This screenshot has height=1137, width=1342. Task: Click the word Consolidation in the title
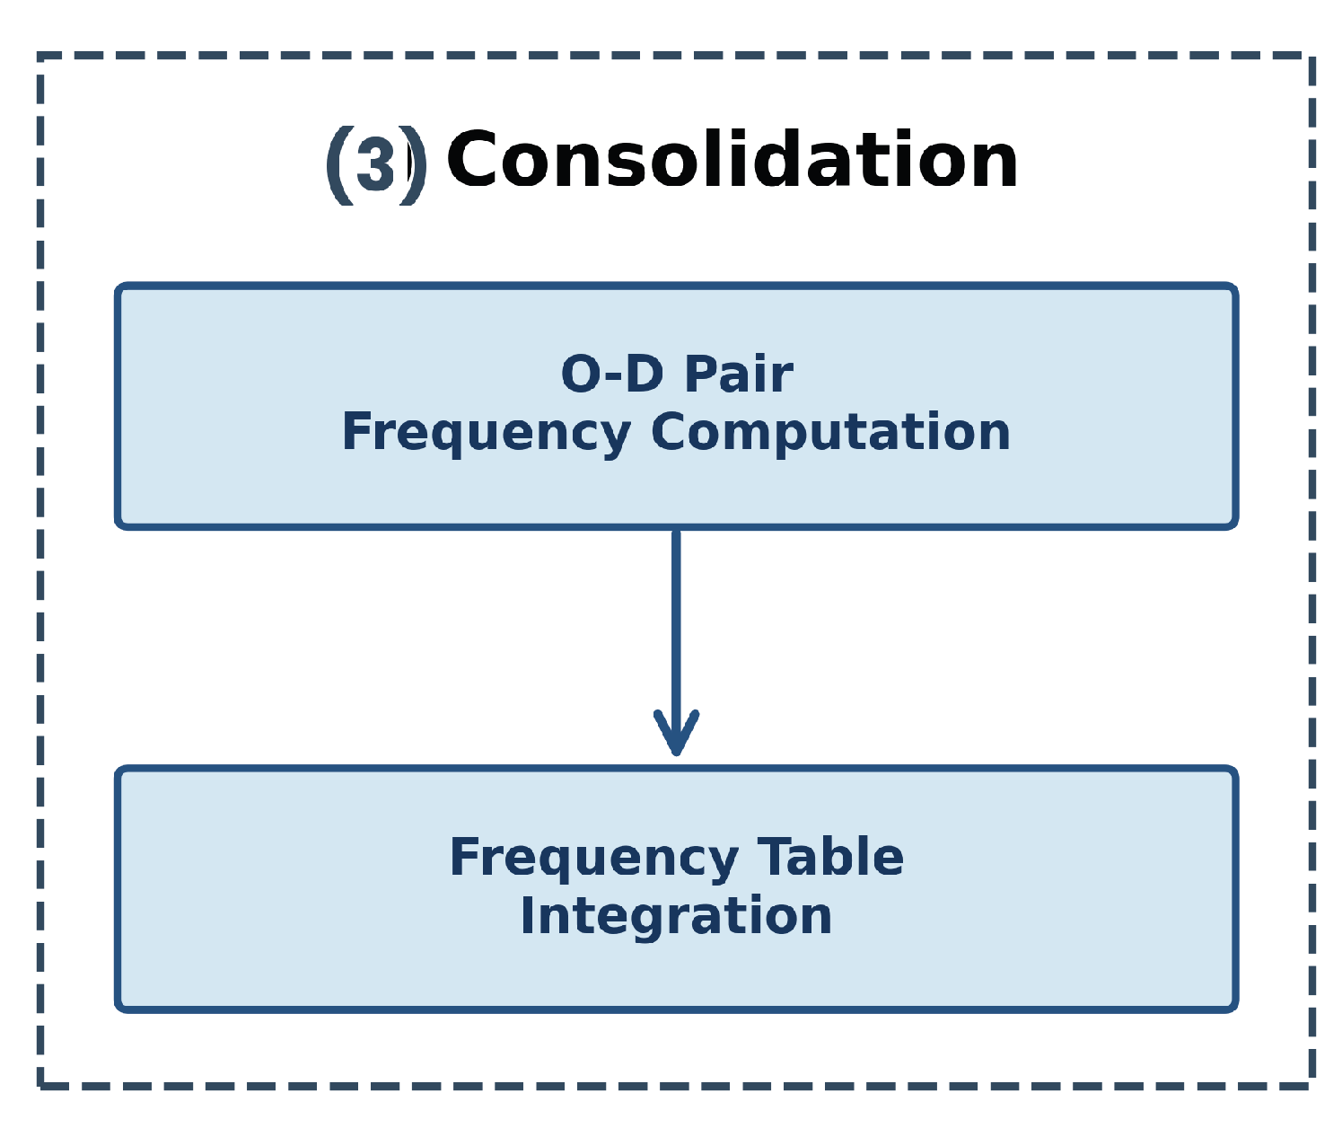click(x=732, y=162)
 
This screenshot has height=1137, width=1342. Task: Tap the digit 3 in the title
click(x=375, y=165)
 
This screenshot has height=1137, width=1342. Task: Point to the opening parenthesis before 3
click(x=339, y=165)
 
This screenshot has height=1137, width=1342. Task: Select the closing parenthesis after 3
click(x=414, y=165)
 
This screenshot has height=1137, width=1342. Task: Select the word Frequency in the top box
click(x=486, y=433)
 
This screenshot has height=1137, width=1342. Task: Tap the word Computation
click(x=830, y=433)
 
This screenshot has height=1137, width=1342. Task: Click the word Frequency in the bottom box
click(x=593, y=859)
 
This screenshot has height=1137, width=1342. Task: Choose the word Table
click(x=830, y=858)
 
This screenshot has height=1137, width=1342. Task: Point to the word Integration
click(x=676, y=917)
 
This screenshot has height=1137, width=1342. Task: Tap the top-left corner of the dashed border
click(x=41, y=57)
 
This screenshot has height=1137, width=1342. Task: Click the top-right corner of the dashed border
click(x=1311, y=57)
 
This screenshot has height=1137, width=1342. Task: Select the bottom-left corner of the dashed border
click(x=41, y=1086)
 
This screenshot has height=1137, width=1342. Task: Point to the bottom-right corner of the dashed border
click(x=1311, y=1086)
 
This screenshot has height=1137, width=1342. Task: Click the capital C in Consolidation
click(x=473, y=162)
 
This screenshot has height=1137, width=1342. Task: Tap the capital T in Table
click(x=775, y=858)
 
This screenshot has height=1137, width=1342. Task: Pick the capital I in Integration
click(x=529, y=917)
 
